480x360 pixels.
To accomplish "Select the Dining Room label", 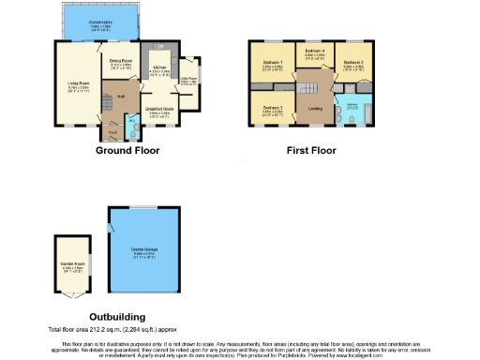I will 121,64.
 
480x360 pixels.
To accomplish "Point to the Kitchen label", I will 159,68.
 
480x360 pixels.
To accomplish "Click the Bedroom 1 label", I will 273,66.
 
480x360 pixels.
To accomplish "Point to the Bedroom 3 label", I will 273,109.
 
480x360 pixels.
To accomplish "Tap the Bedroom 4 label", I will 315,52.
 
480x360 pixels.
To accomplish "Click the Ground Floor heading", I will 127,150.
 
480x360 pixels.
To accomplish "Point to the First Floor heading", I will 312,150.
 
